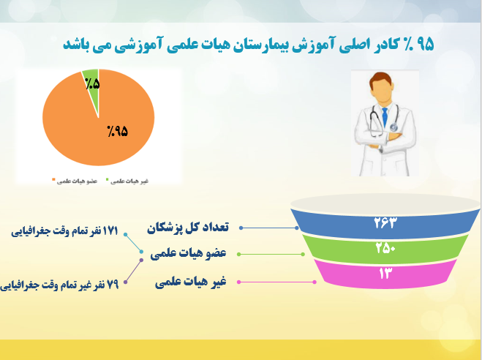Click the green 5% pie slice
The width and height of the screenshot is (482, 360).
(92, 89)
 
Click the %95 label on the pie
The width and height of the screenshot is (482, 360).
(118, 131)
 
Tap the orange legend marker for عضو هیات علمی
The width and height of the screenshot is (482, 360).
(53, 179)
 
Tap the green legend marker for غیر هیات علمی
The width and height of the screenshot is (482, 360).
(107, 179)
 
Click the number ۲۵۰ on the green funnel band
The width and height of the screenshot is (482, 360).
(385, 247)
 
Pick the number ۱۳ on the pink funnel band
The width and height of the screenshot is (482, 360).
(385, 273)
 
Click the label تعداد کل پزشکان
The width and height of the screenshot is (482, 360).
(188, 228)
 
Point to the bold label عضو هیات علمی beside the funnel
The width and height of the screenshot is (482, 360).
(188, 254)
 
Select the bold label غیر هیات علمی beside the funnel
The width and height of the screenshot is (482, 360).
(191, 282)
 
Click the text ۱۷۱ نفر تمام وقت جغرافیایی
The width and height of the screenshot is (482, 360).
(64, 231)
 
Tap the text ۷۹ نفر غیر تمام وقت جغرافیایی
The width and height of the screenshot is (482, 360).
(59, 285)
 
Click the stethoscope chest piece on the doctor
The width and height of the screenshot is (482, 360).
(393, 127)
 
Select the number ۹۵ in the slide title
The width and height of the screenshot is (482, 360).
(426, 45)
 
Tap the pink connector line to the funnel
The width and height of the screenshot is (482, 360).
(276, 282)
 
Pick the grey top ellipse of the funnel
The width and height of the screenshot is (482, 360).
(385, 203)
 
